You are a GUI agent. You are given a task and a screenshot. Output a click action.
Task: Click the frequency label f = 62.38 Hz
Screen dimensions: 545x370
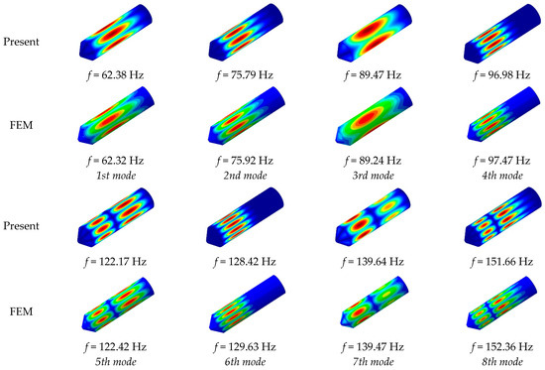pos(115,75)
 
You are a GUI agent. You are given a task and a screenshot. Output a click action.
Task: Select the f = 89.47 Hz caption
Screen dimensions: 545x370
pos(373,75)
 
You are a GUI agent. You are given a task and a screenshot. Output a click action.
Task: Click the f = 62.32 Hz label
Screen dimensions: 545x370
pos(115,161)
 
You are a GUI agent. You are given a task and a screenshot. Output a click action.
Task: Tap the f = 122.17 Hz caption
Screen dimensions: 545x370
pos(115,262)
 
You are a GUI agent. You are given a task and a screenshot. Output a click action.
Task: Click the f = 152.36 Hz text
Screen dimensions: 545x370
pos(502,346)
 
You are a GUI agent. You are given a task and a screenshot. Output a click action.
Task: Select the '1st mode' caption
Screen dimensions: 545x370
pos(116,176)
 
